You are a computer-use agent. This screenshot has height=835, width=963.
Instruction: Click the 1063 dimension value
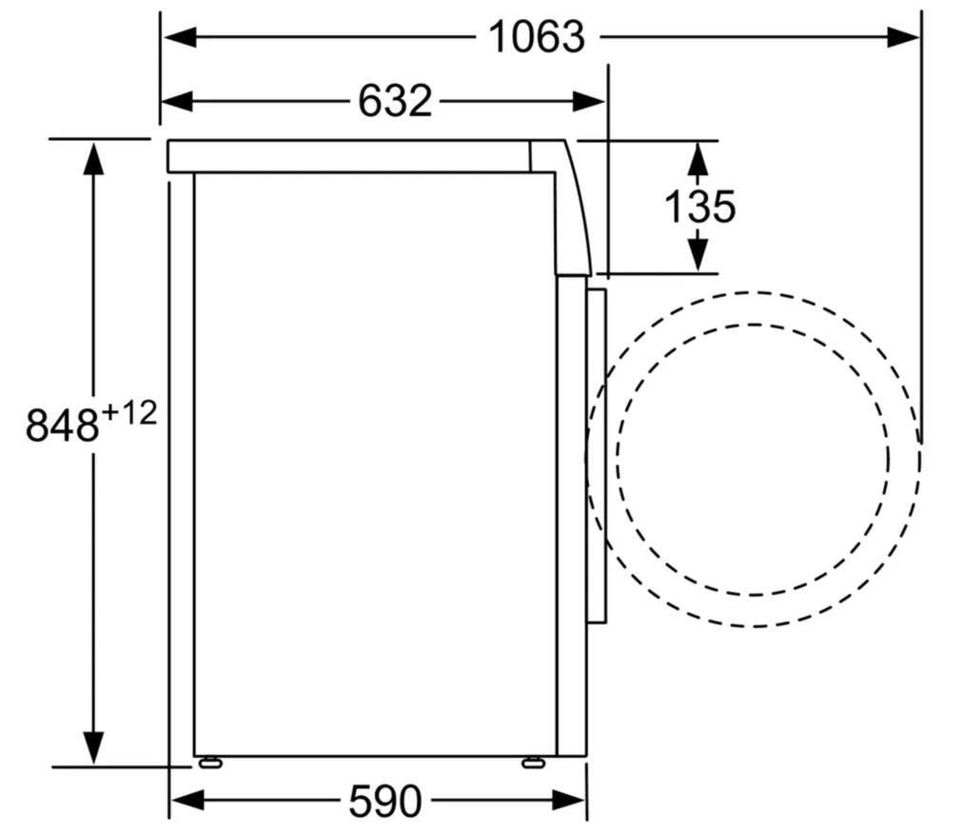tap(536, 37)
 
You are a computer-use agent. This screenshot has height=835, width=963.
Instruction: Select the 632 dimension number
tap(395, 101)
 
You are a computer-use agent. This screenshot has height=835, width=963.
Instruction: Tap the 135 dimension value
tap(699, 207)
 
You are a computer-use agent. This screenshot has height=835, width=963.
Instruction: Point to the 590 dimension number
tap(385, 801)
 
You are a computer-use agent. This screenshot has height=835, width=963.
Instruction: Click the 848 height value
tap(62, 425)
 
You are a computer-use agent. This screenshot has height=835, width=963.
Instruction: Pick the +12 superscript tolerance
tap(128, 413)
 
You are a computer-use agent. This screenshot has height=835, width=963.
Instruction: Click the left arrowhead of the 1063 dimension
tap(180, 37)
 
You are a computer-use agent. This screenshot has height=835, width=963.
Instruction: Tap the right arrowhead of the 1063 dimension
tap(903, 37)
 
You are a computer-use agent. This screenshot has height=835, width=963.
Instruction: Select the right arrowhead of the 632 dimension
tap(589, 101)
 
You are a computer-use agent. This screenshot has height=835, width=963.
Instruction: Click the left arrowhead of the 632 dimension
tap(178, 101)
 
